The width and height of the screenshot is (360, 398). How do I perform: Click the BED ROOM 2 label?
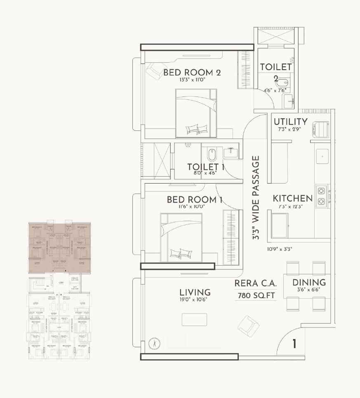pyautogui.click(x=192, y=73)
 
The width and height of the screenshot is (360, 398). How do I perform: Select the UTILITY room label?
pyautogui.click(x=291, y=122)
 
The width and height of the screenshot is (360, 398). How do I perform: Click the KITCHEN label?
pyautogui.click(x=292, y=198)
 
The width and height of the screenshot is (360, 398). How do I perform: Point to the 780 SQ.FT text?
pyautogui.click(x=256, y=295)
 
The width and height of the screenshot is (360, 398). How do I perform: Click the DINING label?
pyautogui.click(x=309, y=283)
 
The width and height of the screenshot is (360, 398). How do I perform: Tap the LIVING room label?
pyautogui.click(x=195, y=292)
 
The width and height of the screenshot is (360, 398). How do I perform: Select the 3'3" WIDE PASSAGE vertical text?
pyautogui.click(x=256, y=198)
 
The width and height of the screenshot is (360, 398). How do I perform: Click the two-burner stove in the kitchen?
pyautogui.click(x=322, y=196)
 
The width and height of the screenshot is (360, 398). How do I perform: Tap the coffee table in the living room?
pyautogui.click(x=194, y=319)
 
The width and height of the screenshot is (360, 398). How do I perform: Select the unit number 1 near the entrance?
pyautogui.click(x=294, y=344)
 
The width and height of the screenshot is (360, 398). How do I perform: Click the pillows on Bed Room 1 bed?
pyautogui.click(x=180, y=252)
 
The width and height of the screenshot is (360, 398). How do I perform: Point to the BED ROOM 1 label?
pyautogui.click(x=195, y=200)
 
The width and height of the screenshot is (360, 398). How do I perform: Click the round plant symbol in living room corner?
pyautogui.click(x=153, y=343)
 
